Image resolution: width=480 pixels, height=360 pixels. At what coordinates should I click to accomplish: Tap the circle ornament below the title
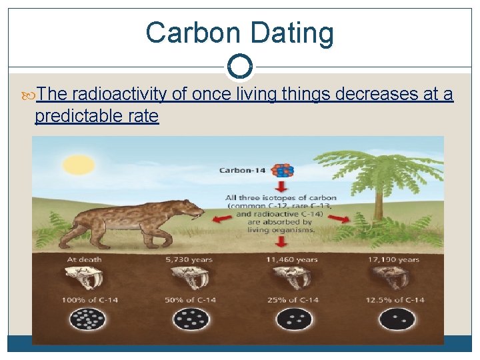coord(239,67)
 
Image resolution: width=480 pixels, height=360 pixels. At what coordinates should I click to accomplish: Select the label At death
coord(84,260)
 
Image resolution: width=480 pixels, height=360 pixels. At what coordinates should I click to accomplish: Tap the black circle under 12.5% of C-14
coord(397,320)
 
